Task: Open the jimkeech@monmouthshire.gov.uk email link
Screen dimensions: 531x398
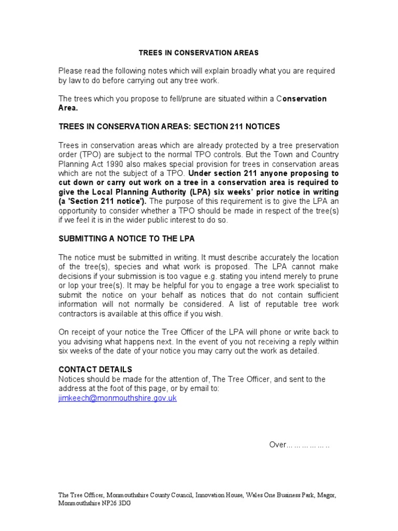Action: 118,398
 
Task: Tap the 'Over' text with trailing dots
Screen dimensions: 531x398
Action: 300,445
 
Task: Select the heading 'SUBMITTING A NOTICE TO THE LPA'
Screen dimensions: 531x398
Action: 126,239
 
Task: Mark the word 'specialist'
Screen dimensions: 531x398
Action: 307,285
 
